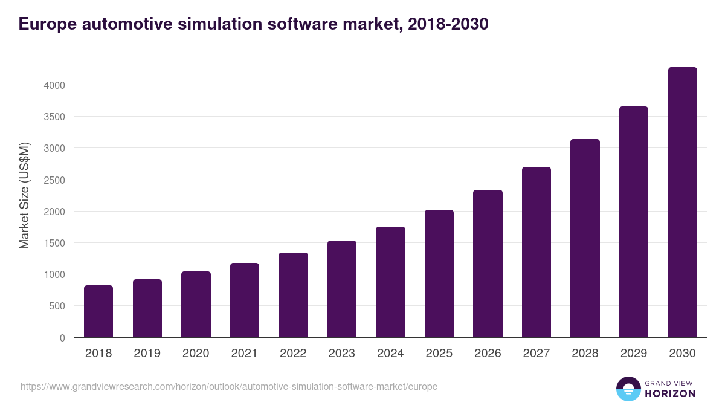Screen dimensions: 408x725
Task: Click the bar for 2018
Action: pos(98,311)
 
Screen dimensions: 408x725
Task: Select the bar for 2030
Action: pos(682,202)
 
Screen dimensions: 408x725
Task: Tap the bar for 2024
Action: pos(390,282)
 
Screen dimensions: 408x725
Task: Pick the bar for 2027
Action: pos(536,252)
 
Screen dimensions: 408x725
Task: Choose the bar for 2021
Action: pos(245,300)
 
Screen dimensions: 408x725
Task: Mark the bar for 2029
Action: pos(634,222)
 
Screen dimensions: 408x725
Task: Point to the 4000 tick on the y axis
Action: pos(54,85)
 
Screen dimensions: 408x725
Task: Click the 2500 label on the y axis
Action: pos(54,180)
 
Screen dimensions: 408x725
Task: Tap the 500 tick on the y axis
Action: pos(57,306)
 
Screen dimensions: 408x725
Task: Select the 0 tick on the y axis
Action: pos(62,338)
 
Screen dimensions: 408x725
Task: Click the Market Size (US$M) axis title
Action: pos(24,195)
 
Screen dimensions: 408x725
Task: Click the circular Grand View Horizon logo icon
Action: pos(628,389)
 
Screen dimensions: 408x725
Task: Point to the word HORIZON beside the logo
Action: pos(670,393)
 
